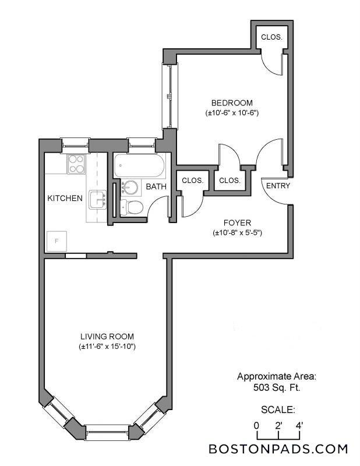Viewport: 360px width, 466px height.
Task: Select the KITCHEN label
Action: click(65, 198)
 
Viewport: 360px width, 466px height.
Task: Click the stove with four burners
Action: click(76, 164)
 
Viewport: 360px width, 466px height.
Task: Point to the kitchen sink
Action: click(97, 200)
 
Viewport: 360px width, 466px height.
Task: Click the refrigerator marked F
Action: click(57, 240)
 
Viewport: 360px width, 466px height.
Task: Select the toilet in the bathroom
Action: click(132, 207)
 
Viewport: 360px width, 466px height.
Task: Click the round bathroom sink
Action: click(131, 188)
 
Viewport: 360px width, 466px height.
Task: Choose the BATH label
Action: click(156, 187)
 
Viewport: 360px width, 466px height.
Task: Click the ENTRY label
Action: click(277, 186)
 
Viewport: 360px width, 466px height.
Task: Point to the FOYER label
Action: click(237, 223)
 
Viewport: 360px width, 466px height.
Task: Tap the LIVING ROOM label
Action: click(107, 336)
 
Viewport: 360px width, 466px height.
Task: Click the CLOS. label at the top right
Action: click(271, 37)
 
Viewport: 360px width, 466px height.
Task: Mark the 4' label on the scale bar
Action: click(298, 425)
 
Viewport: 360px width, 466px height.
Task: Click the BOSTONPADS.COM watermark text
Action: click(278, 449)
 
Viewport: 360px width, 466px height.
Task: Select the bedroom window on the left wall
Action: click(167, 96)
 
